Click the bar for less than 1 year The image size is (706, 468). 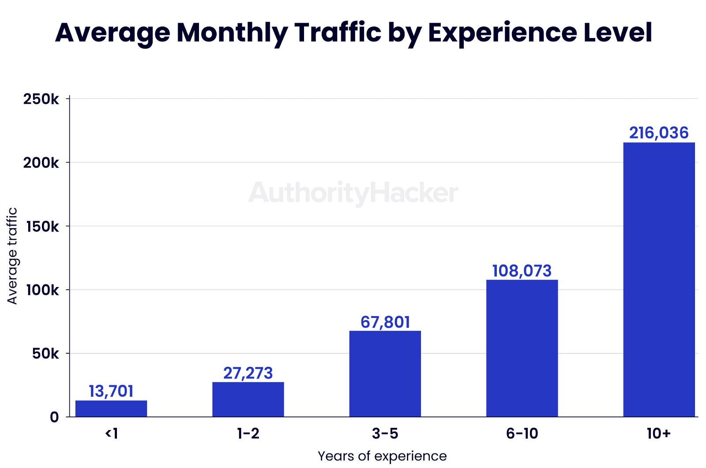[x=111, y=408]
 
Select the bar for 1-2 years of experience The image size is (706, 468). [x=248, y=399]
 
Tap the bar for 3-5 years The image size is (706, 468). [x=385, y=374]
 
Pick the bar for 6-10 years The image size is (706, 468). [x=522, y=348]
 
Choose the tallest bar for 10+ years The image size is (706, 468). [x=659, y=279]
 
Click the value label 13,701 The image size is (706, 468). [x=111, y=391]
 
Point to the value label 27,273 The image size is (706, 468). [x=248, y=373]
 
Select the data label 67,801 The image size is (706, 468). [x=385, y=322]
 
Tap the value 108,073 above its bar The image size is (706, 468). [x=522, y=271]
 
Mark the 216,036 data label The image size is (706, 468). [x=659, y=133]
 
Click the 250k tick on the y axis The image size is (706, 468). [x=41, y=99]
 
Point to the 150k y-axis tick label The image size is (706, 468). [x=41, y=226]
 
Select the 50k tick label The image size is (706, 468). [x=45, y=354]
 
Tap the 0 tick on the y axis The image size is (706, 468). [x=54, y=417]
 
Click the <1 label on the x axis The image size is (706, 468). [x=111, y=434]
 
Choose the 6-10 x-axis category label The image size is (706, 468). [x=522, y=434]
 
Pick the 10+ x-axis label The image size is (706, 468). [x=659, y=434]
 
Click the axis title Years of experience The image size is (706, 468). [x=382, y=456]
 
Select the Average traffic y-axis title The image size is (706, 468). [x=12, y=256]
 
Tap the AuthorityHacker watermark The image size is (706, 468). [x=353, y=193]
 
